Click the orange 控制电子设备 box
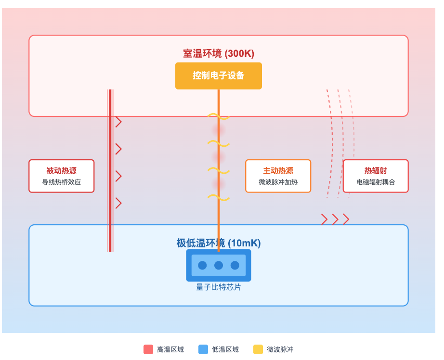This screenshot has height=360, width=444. [x=218, y=76]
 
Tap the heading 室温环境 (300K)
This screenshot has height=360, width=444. [x=218, y=53]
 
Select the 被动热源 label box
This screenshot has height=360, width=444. [x=61, y=176]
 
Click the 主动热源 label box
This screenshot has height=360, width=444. [x=278, y=176]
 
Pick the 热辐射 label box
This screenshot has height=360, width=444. [x=375, y=176]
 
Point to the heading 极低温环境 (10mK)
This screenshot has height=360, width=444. [x=218, y=243]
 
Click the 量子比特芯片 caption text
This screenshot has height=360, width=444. [x=218, y=287]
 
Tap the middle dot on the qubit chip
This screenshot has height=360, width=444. [x=219, y=265]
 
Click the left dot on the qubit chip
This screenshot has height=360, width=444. [x=202, y=265]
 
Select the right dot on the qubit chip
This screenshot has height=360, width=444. [x=235, y=265]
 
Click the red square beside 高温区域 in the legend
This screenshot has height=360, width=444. [x=148, y=349]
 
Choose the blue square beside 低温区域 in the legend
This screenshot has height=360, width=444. [x=203, y=349]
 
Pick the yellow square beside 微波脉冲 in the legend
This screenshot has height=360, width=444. [x=258, y=349]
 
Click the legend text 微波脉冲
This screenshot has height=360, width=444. [x=280, y=349]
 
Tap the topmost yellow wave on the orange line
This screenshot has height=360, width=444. [x=218, y=116]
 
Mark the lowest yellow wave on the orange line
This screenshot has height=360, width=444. [x=218, y=197]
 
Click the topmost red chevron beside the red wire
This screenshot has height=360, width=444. [x=118, y=122]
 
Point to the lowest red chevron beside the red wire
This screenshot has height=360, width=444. [x=118, y=203]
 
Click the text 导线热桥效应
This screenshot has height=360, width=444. [x=61, y=182]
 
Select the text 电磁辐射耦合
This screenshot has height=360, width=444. [x=375, y=182]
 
